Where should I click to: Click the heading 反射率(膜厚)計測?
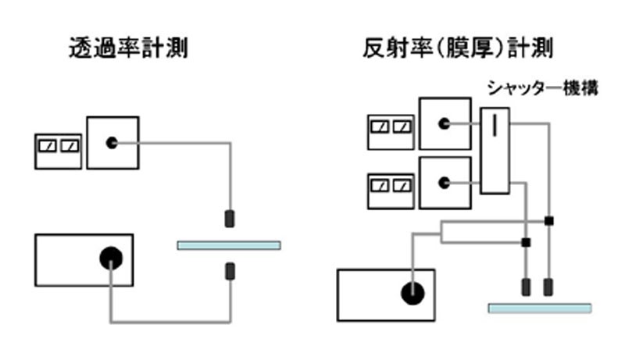(x=458, y=49)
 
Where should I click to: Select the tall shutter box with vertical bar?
(x=495, y=151)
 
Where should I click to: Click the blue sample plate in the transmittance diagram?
(x=228, y=245)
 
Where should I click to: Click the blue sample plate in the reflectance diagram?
(x=540, y=308)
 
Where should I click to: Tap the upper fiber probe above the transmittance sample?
(x=230, y=219)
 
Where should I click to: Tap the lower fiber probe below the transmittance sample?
(x=230, y=272)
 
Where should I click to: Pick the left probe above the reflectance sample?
(x=526, y=287)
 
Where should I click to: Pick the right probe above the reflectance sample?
(x=549, y=287)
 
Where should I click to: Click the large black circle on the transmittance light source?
(x=110, y=257)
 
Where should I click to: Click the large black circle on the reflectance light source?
(x=412, y=293)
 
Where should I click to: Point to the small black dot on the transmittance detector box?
(x=112, y=143)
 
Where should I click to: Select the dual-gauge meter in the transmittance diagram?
(x=59, y=146)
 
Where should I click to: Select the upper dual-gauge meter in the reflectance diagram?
(x=391, y=126)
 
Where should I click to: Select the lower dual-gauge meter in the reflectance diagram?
(x=391, y=185)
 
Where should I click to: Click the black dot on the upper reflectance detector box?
(x=444, y=124)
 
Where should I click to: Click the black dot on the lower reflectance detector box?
(x=444, y=184)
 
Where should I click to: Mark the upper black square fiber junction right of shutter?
(x=549, y=221)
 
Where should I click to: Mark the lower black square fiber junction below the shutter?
(x=526, y=242)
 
